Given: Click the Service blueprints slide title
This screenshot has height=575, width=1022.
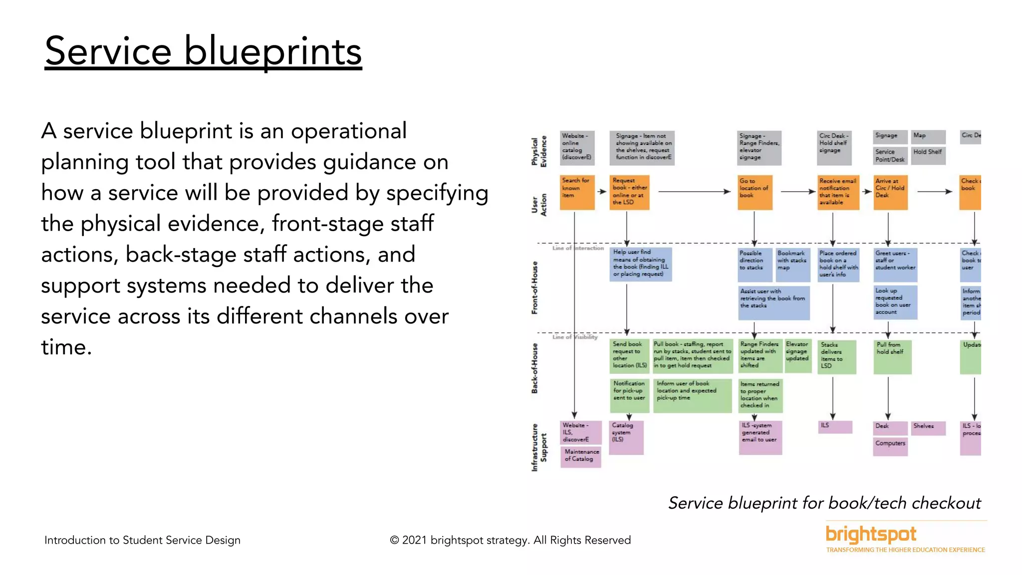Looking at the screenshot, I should (203, 51).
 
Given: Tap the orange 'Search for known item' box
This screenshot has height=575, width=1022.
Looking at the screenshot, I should (577, 192).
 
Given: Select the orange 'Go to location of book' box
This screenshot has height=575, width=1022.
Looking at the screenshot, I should (755, 192).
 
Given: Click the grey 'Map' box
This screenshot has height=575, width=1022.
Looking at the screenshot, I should (928, 136).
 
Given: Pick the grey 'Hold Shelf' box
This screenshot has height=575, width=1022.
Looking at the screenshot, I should (928, 155).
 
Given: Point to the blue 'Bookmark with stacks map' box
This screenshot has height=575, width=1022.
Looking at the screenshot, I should (792, 265).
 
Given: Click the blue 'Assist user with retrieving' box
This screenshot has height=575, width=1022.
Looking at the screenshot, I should (773, 302).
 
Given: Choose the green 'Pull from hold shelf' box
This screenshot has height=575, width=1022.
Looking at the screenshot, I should (892, 357).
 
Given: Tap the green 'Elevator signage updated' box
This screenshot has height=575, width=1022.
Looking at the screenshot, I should (798, 356).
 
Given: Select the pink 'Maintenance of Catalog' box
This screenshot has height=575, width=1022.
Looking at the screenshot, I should (580, 456).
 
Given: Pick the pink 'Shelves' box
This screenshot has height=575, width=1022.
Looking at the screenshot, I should (928, 428).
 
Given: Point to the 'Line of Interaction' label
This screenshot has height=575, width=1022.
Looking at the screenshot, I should (578, 248).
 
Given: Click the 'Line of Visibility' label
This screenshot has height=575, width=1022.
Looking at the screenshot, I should (575, 337).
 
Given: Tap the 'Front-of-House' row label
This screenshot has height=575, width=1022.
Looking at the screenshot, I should (535, 288).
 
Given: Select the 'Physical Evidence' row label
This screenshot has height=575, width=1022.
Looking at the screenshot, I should (539, 151).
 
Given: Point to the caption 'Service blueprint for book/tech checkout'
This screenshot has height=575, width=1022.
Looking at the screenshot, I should (824, 503).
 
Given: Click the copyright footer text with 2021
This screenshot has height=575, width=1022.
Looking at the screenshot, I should (510, 540).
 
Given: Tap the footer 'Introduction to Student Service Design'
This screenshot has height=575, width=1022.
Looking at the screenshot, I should (142, 540).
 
